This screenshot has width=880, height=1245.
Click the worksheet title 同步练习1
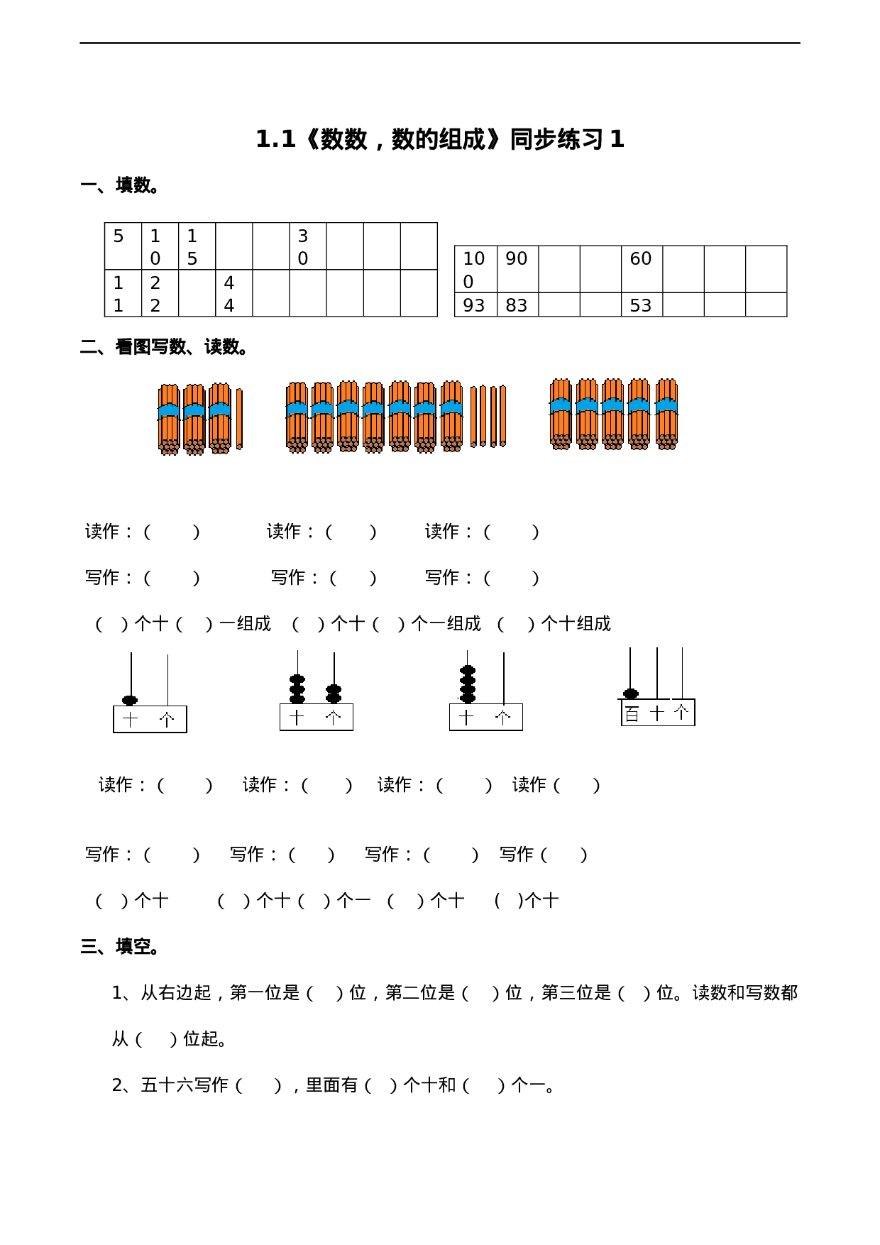point(440,139)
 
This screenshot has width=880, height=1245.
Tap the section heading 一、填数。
point(119,186)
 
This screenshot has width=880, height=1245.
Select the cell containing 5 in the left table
point(123,246)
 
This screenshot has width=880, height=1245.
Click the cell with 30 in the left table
point(307,246)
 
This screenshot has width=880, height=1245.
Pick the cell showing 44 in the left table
point(233,293)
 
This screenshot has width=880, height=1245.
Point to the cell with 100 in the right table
point(475,269)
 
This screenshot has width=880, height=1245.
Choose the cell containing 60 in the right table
point(642,268)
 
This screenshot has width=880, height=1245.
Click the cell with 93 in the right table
point(475,305)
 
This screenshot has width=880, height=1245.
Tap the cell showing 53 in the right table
point(642,305)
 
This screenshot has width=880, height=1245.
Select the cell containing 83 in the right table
point(517,305)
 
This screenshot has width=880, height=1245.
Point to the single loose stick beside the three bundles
point(239,419)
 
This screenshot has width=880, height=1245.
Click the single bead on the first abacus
point(130,700)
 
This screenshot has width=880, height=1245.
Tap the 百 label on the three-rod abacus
point(632,713)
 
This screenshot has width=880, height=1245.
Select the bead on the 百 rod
point(630,693)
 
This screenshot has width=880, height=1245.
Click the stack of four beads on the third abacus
point(467,684)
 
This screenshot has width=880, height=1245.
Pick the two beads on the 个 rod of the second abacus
point(334,693)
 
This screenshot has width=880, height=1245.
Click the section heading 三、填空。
point(119,947)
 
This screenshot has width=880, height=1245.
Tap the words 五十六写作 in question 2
point(185,1085)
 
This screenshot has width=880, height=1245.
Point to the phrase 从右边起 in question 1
point(176,993)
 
